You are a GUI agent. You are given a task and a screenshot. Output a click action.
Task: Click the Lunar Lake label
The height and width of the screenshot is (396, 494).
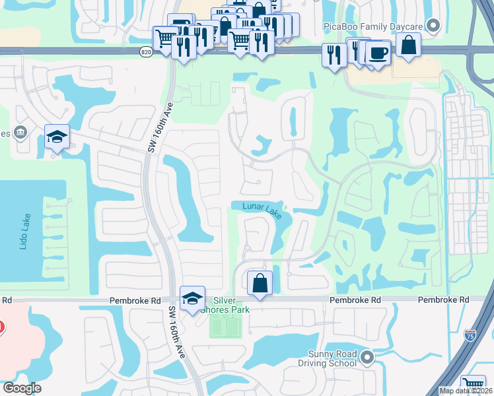[262, 208]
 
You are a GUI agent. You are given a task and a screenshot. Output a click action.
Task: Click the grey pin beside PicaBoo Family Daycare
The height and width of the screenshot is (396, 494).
[433, 26]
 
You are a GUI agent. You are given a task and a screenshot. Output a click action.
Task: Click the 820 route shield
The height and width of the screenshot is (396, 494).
[146, 51]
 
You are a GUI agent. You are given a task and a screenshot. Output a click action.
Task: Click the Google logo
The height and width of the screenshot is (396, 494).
[22, 388]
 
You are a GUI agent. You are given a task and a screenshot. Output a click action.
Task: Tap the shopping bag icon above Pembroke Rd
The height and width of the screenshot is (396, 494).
[260, 282]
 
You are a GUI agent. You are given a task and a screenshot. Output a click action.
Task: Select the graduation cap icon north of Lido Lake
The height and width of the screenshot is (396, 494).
[57, 137]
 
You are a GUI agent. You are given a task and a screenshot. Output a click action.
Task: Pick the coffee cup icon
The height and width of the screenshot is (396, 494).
[378, 53]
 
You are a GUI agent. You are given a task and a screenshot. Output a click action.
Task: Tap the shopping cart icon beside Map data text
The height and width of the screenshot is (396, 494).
[473, 383]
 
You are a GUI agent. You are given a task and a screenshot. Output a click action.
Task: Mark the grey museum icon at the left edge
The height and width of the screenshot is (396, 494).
[20, 133]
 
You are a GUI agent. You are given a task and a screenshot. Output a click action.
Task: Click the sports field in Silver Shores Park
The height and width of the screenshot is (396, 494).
[226, 325]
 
